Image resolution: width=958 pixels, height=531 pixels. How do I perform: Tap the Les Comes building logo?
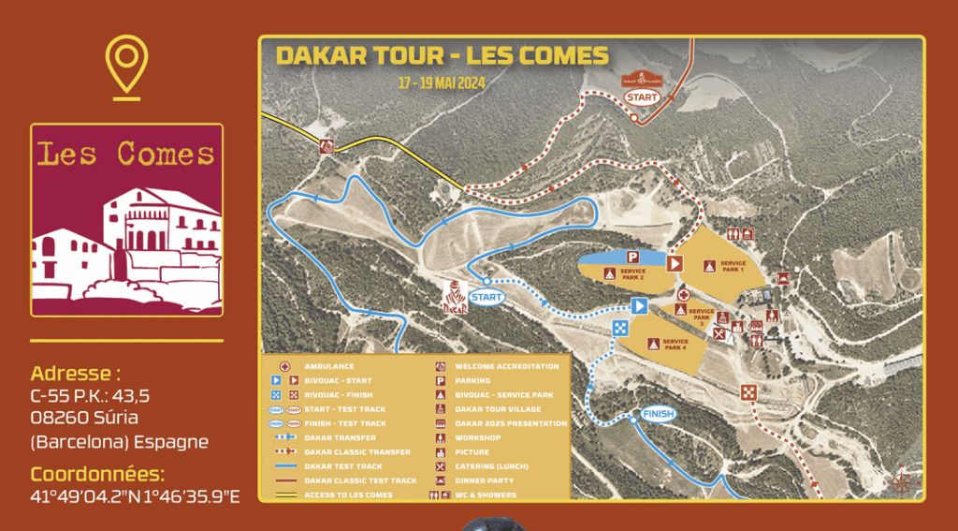coord(127,220)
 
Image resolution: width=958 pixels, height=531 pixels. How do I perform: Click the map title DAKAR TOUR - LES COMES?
coord(442,55)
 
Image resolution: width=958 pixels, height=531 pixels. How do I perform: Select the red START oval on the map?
coord(642,96)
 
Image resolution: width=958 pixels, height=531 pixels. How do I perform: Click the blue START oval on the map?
coord(486,297)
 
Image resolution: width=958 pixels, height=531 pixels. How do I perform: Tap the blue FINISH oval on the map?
coord(659,414)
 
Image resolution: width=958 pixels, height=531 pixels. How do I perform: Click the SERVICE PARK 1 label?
coord(733,266)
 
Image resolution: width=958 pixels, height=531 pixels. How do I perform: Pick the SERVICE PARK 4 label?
coord(675,345)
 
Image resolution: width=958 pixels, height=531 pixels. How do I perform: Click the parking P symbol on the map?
coord(632,256)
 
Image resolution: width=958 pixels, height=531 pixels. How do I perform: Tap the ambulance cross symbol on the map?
coord(683,293)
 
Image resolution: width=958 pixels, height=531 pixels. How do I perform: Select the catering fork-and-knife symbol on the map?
coord(719,332)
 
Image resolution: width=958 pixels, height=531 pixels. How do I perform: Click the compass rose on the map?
coord(901,479)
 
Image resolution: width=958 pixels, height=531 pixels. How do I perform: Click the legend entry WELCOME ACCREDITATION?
coord(506,366)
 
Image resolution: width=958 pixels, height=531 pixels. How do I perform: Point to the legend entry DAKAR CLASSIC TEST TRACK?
coord(360,480)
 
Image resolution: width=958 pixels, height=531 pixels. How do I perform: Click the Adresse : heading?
coord(76,372)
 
